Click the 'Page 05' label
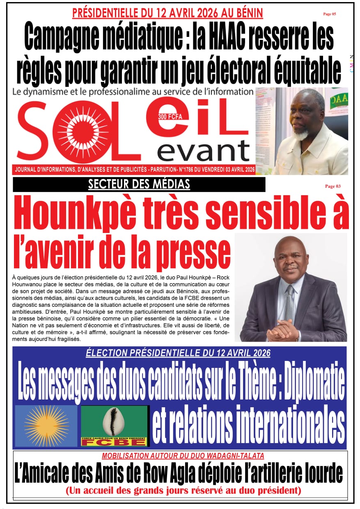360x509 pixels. click(x=329, y=14)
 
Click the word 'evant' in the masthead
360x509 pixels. click(x=204, y=151)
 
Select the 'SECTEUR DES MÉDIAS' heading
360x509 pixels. click(x=139, y=185)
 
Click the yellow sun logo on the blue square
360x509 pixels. click(x=46, y=426)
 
